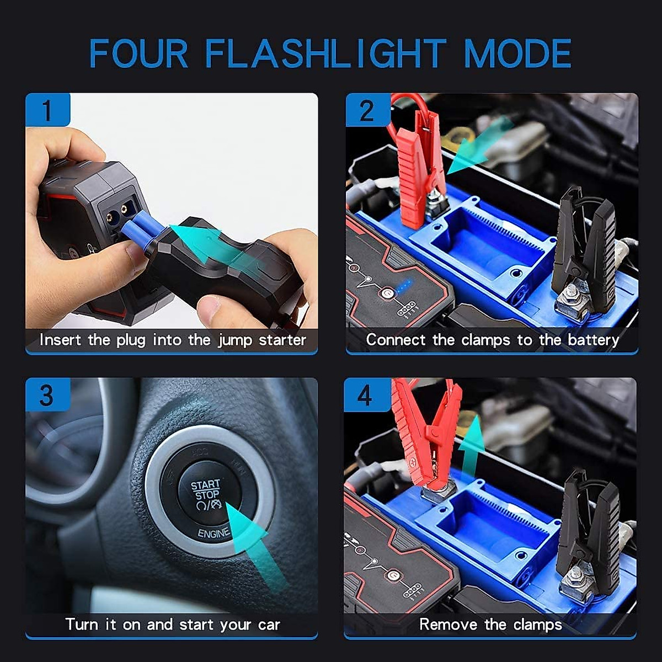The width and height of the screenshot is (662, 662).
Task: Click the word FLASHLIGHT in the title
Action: pos(325,54)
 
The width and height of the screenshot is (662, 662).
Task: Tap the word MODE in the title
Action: pos(517,54)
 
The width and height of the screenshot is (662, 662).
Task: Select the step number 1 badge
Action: pos(47,110)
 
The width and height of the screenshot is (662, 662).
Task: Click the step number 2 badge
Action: pos(367,110)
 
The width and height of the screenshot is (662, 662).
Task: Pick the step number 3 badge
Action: pos(47,395)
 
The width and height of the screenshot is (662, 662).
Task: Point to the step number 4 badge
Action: pos(366,395)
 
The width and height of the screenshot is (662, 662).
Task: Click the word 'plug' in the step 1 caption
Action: pos(131,340)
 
